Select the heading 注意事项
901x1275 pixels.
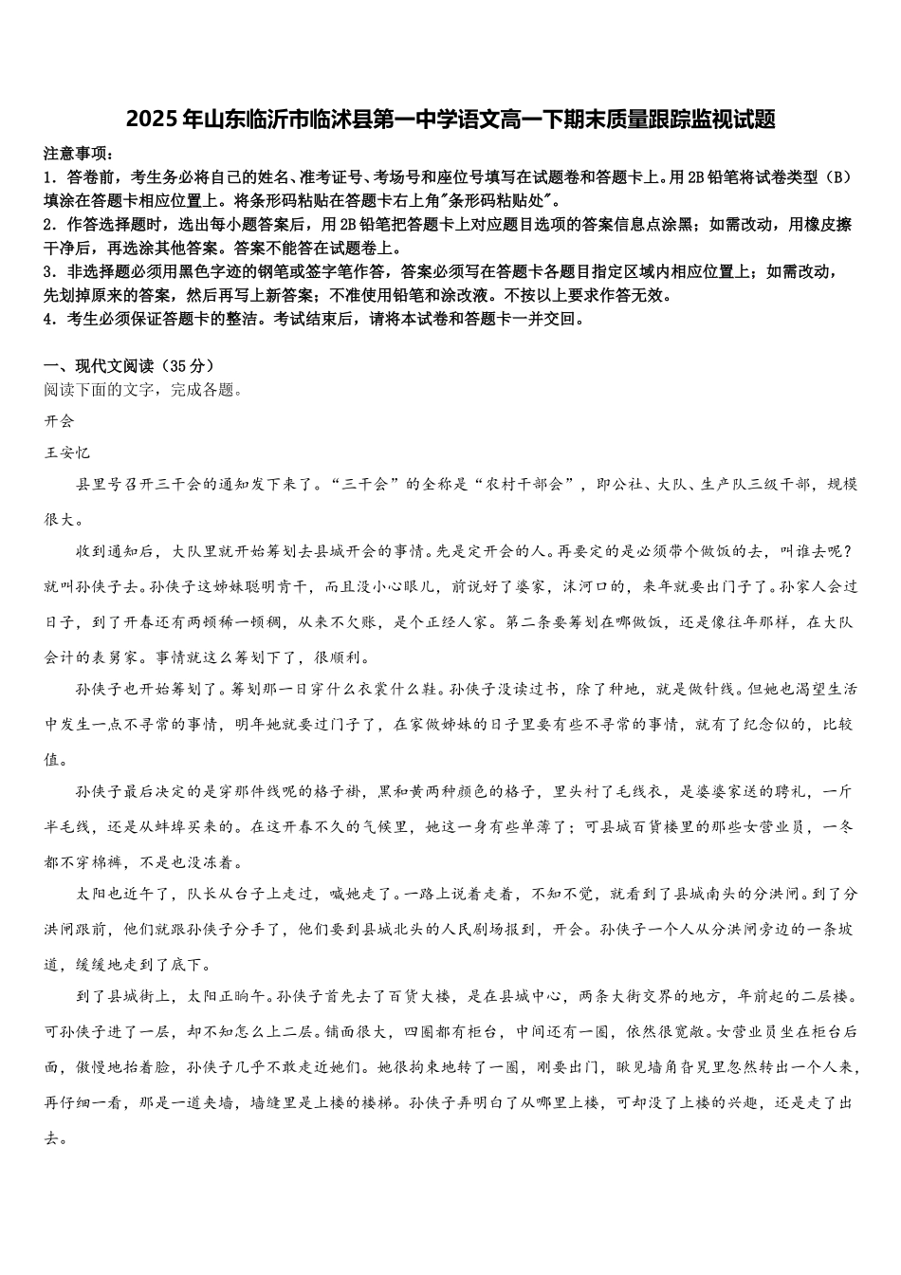(x=77, y=154)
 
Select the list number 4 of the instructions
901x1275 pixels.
(x=48, y=319)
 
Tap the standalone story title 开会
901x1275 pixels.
(x=59, y=421)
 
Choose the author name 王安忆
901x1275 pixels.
(x=66, y=453)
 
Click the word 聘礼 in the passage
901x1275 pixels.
(x=787, y=791)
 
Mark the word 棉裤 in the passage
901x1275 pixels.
(x=91, y=863)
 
